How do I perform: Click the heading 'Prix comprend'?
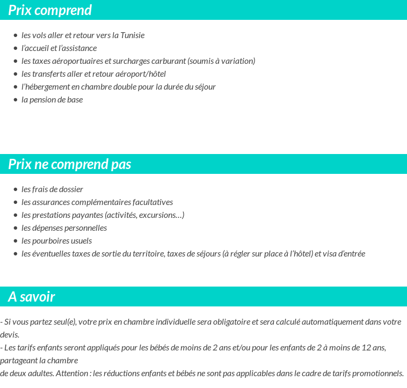point(50,10)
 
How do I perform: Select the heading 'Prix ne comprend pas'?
point(69,164)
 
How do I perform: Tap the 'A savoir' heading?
point(31,297)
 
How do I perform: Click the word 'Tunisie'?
point(132,35)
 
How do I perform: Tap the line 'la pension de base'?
point(52,100)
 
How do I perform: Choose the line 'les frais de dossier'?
point(52,189)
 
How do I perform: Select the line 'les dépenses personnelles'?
point(64,228)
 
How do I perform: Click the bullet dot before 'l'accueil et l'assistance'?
point(16,48)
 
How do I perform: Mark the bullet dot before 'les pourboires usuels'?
point(16,241)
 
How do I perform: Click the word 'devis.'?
point(10,335)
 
